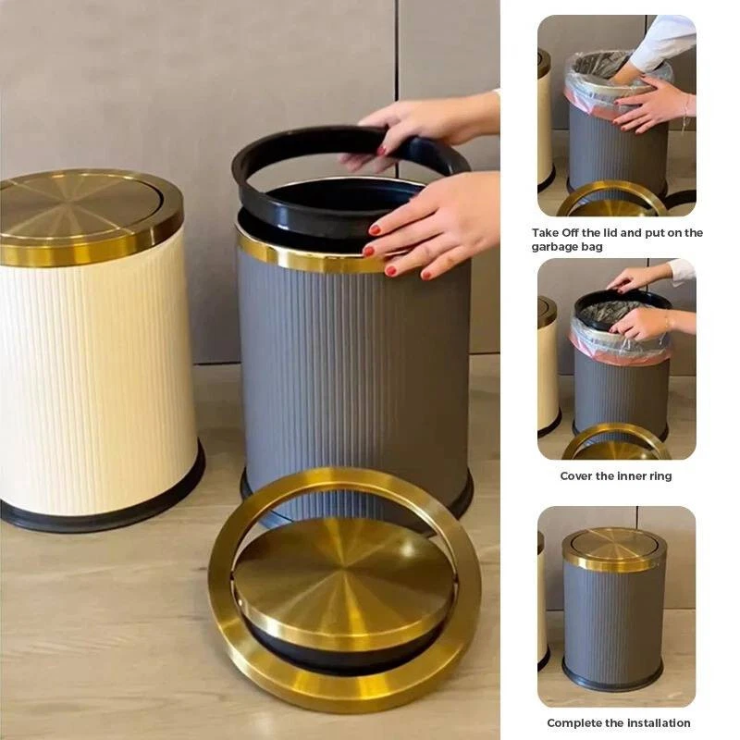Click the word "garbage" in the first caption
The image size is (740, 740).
(550, 247)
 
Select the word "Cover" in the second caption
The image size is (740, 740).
(575, 475)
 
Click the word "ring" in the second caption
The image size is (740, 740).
(660, 476)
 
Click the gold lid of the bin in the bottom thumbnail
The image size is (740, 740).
(614, 549)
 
